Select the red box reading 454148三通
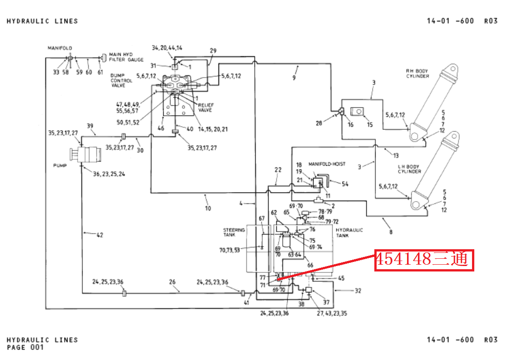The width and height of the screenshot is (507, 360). click(x=424, y=260)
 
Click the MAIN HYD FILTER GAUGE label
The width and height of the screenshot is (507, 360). click(x=126, y=57)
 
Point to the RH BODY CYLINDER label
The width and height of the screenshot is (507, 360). click(x=417, y=74)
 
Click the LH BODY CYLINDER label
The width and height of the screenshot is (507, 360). click(x=409, y=169)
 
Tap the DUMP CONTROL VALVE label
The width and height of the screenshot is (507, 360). click(x=121, y=80)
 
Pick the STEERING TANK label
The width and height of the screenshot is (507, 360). click(x=234, y=232)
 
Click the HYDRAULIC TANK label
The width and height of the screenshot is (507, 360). click(x=349, y=233)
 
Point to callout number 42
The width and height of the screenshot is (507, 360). click(x=99, y=235)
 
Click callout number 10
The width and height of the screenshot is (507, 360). click(x=208, y=208)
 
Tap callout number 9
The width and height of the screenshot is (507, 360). click(x=293, y=78)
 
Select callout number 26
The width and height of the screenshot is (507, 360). click(x=172, y=282)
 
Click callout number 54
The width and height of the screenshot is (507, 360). click(x=345, y=183)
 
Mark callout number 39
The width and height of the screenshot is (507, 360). click(x=90, y=126)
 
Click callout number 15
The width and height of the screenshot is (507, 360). click(x=369, y=124)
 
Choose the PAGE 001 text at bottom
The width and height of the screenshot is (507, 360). click(x=25, y=347)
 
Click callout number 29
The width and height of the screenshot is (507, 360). click(x=213, y=50)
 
